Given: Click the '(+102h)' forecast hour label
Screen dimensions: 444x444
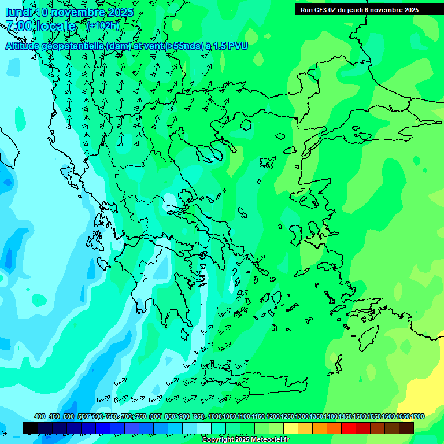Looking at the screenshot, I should point(102,26).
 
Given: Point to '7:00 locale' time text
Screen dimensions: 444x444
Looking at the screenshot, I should point(40,26).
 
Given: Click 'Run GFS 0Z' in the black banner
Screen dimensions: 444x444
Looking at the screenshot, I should point(319,9).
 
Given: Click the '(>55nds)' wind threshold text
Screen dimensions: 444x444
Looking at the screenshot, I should point(183,46).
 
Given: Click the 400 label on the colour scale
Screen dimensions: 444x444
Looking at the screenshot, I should point(40,417).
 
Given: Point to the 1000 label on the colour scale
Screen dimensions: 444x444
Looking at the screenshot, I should point(215,417).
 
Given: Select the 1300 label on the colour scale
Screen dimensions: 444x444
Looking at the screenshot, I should point(302,417).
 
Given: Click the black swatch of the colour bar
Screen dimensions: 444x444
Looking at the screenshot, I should point(31,428).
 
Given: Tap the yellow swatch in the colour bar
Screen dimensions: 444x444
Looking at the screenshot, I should point(291,428).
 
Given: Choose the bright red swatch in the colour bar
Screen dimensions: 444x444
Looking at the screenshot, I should point(349,428).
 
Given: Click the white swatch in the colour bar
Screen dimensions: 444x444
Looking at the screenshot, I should point(204,428).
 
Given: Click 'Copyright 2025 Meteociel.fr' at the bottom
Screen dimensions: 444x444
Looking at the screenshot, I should point(245,440).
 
